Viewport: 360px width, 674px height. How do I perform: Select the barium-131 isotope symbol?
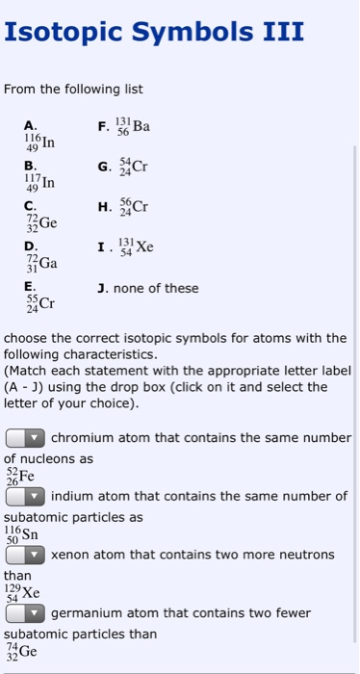pyautogui.click(x=134, y=125)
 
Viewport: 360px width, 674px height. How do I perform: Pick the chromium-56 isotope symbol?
pyautogui.click(x=134, y=206)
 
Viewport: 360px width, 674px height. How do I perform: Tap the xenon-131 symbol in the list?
pyautogui.click(x=136, y=246)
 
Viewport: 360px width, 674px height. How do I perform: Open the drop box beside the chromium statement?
pyautogui.click(x=26, y=438)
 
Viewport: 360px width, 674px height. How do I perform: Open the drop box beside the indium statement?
pyautogui.click(x=26, y=497)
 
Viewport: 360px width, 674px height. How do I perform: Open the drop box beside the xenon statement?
pyautogui.click(x=26, y=556)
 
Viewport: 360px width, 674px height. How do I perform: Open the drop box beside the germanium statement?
pyautogui.click(x=26, y=613)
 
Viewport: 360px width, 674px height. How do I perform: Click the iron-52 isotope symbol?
pyautogui.click(x=19, y=476)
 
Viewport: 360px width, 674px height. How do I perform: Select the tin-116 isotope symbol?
pyautogui.click(x=20, y=534)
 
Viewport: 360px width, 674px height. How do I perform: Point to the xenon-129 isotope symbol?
pyautogui.click(x=22, y=593)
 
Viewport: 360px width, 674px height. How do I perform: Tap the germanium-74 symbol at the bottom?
pyautogui.click(x=21, y=651)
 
